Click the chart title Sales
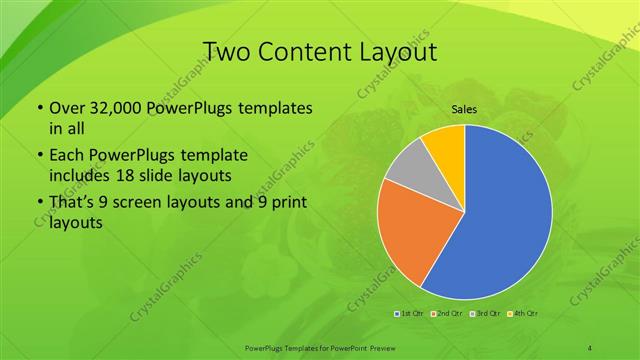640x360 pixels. point(463,109)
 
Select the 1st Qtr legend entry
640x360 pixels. point(410,314)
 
